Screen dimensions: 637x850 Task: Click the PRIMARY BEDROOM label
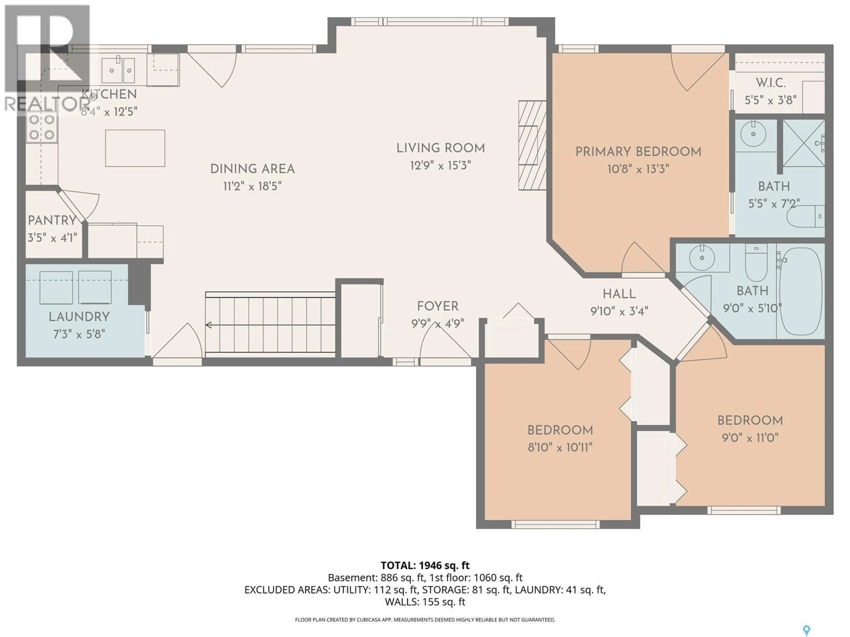pyautogui.click(x=638, y=152)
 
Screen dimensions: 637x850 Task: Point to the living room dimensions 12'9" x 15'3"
pyautogui.click(x=440, y=165)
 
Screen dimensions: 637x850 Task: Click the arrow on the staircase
pyautogui.click(x=209, y=325)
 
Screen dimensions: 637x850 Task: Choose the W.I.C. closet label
pyautogui.click(x=771, y=83)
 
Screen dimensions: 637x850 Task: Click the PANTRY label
pyautogui.click(x=52, y=220)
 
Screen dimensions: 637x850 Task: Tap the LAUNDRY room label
pyautogui.click(x=79, y=317)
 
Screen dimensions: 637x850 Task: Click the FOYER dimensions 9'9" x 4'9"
pyautogui.click(x=437, y=324)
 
